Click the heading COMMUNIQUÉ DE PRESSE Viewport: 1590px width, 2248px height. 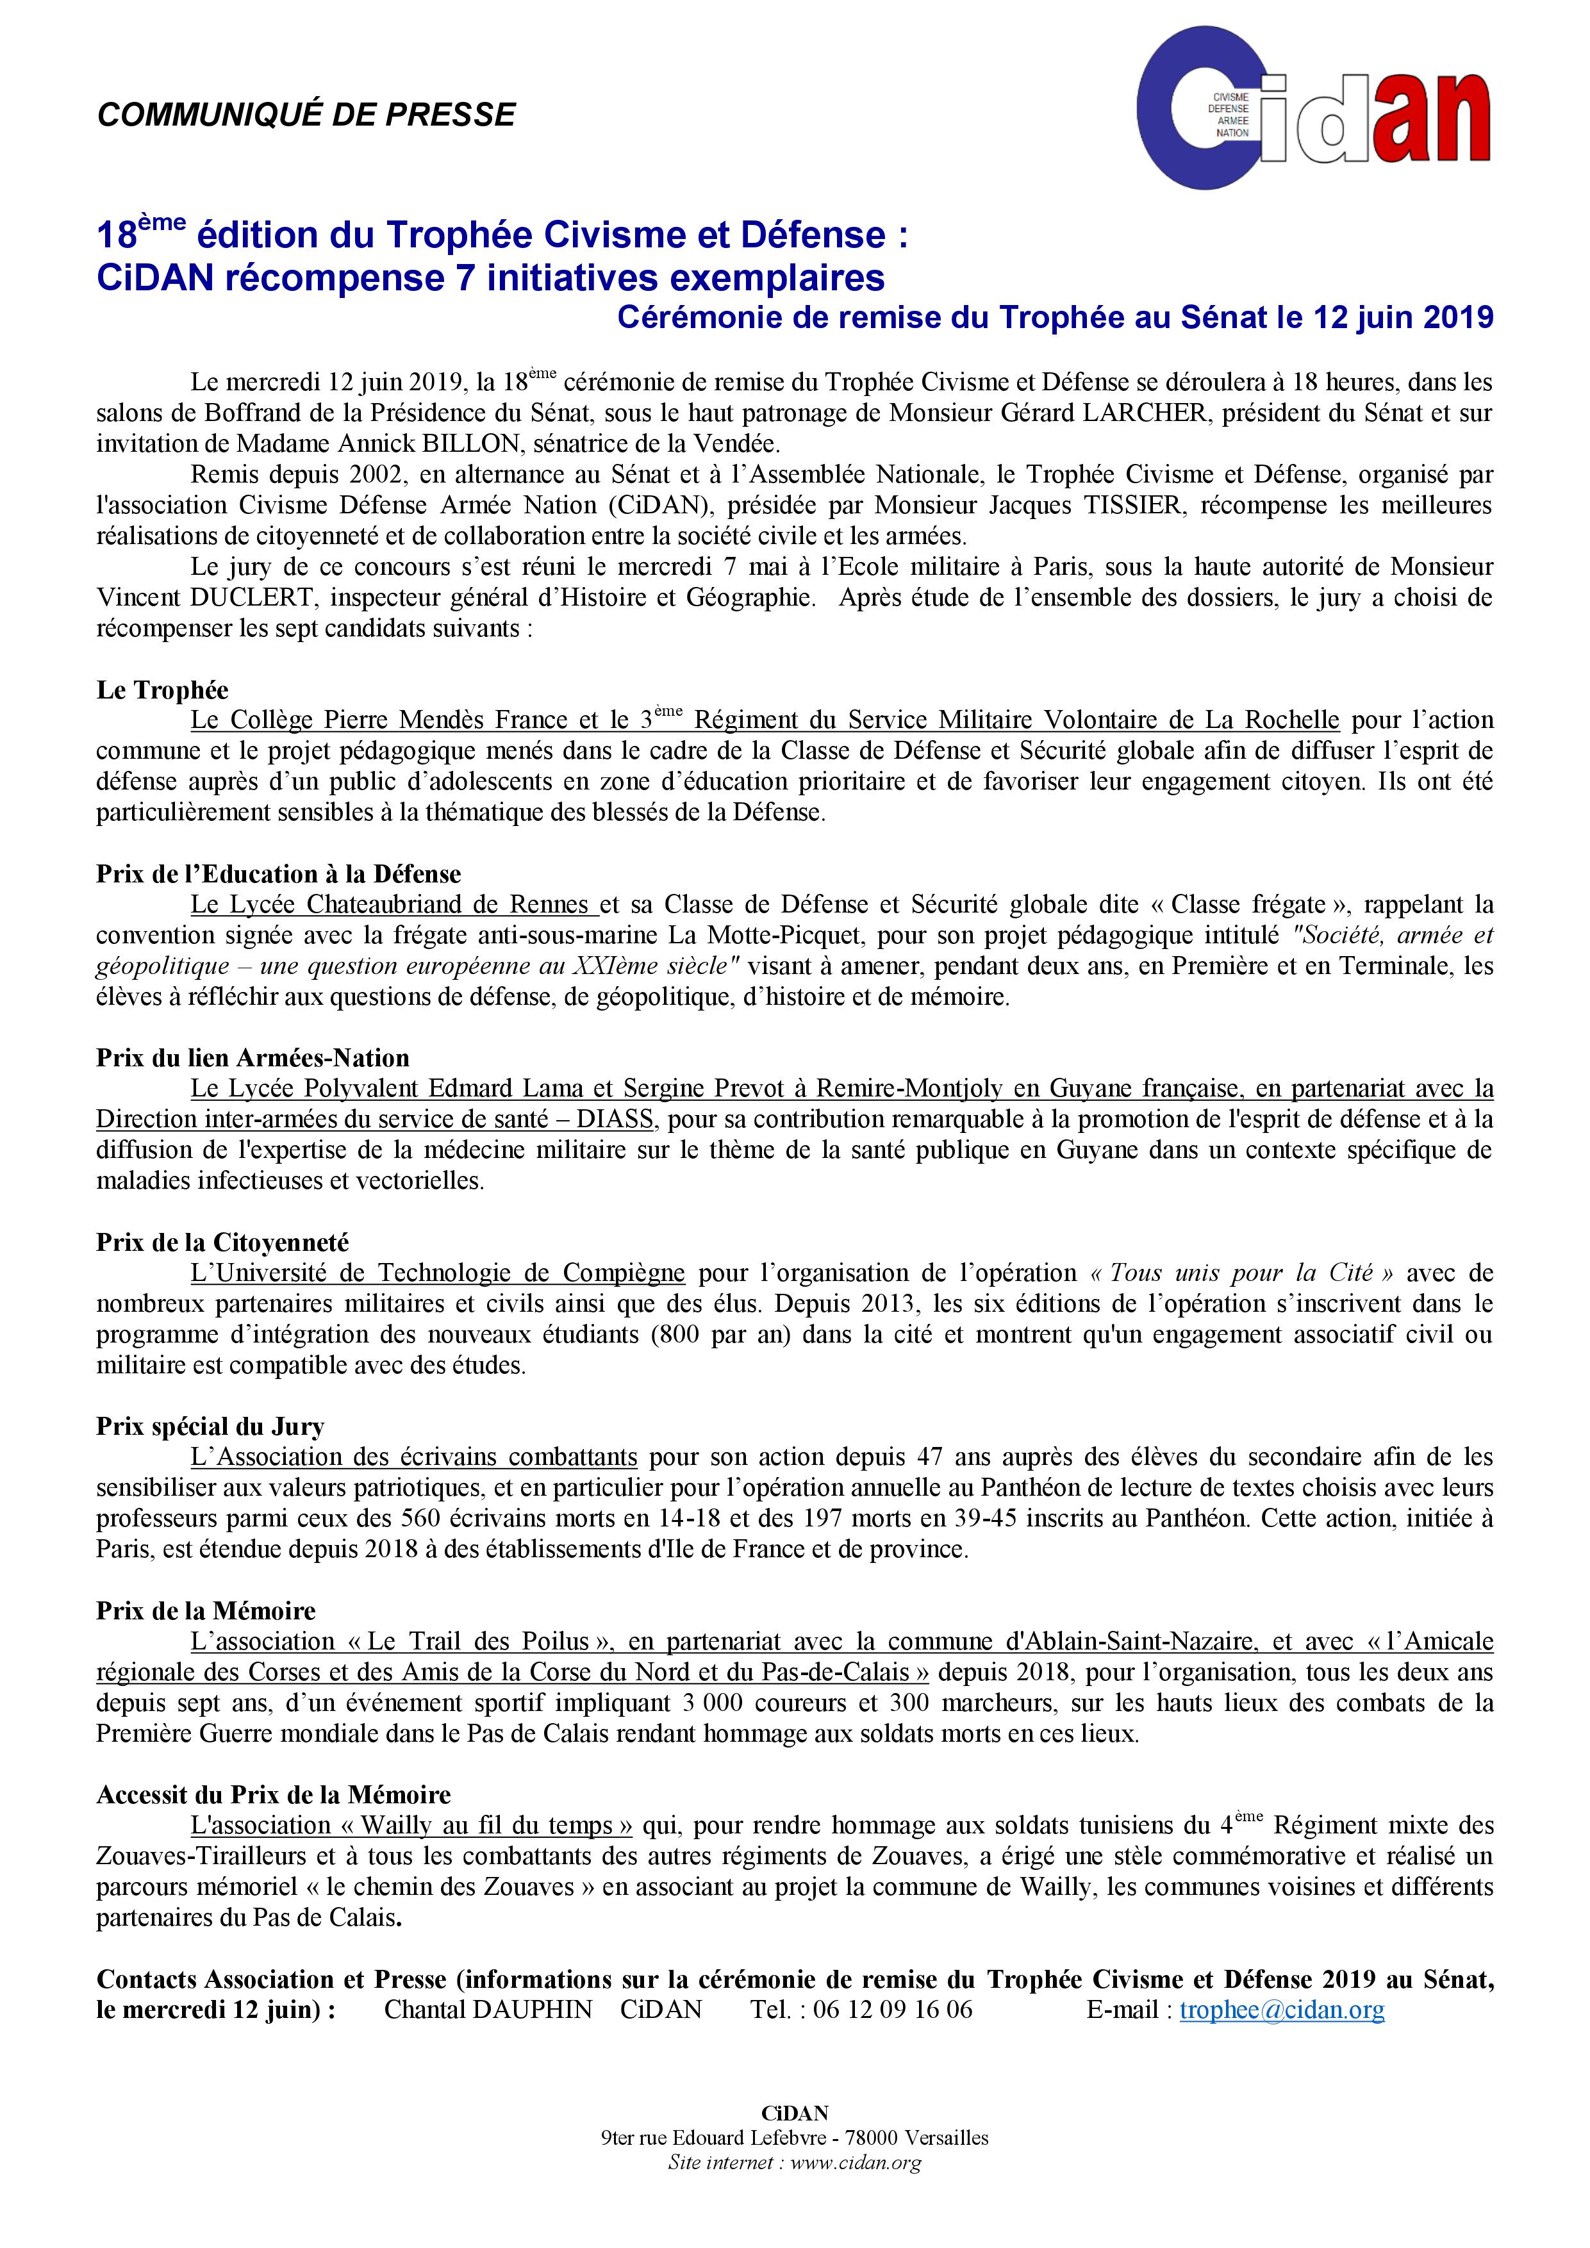[306, 115]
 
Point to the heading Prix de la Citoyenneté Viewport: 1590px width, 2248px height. [222, 1243]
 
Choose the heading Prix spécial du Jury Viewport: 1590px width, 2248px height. [210, 1426]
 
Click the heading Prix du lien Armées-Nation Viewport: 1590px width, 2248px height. [253, 1059]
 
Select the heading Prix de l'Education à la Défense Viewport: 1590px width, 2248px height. [278, 874]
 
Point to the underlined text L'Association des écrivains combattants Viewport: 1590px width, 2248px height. [414, 1457]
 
